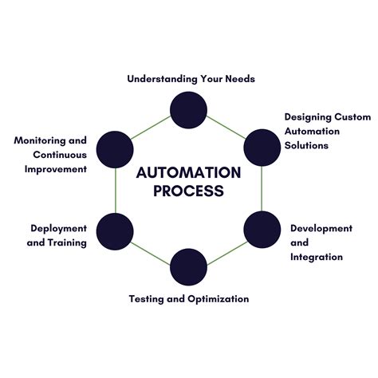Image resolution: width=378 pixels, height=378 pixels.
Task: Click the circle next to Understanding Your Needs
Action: point(189,110)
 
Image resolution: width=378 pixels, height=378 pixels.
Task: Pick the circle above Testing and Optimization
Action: point(189,267)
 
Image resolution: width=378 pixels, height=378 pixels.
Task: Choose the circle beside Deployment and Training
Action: point(115,230)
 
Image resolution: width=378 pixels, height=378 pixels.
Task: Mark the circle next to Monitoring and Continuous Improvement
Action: point(115,148)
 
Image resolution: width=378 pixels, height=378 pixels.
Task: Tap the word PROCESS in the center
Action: point(189,191)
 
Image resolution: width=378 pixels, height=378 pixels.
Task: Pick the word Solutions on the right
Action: point(306,145)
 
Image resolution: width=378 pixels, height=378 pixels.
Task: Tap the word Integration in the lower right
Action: point(317,257)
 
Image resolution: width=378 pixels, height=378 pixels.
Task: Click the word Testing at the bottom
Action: point(148,299)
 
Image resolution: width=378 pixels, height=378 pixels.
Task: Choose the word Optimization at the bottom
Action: point(219,299)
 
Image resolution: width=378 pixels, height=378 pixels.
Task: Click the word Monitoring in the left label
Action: point(39,140)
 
